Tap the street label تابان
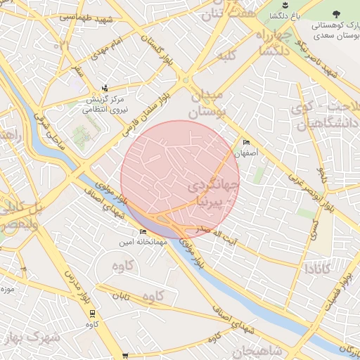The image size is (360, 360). (x=120, y=297)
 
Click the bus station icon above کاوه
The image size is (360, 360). (x=91, y=314)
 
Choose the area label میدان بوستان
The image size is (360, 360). (x=206, y=103)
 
